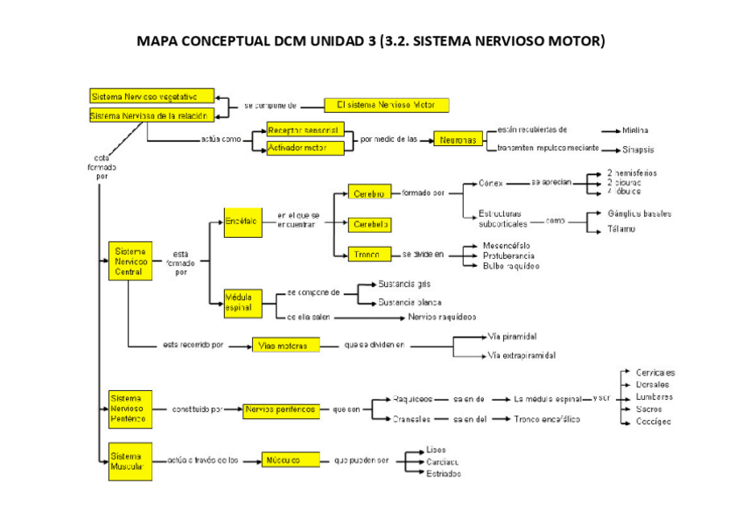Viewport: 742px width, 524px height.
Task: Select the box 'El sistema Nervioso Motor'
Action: pyautogui.click(x=387, y=105)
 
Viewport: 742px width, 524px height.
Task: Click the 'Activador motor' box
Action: pyautogui.click(x=297, y=148)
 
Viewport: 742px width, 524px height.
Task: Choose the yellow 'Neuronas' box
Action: pyautogui.click(x=458, y=140)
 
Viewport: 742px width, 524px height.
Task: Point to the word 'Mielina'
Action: pyautogui.click(x=635, y=130)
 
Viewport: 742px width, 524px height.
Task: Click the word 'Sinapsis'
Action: pyautogui.click(x=638, y=150)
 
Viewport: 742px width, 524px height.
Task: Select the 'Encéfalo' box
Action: pyautogui.click(x=241, y=222)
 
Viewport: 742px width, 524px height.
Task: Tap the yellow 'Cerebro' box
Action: pyautogui.click(x=369, y=193)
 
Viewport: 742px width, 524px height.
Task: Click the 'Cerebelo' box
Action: pyautogui.click(x=369, y=225)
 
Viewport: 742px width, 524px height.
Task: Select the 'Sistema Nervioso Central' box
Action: pyautogui.click(x=129, y=261)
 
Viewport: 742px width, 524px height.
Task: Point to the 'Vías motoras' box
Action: pyautogui.click(x=284, y=346)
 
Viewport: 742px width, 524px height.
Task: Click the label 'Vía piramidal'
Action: pyautogui.click(x=512, y=336)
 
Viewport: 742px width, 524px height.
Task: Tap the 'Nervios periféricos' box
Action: pyautogui.click(x=280, y=409)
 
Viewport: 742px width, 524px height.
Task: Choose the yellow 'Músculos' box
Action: pyautogui.click(x=284, y=459)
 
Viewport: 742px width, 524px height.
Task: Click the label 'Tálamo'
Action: pyautogui.click(x=621, y=229)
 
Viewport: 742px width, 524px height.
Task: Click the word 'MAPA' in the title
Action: pyautogui.click(x=161, y=41)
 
